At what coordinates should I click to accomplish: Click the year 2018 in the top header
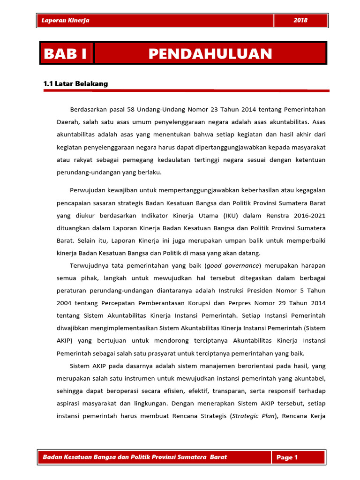300,21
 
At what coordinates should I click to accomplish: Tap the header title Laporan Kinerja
66,21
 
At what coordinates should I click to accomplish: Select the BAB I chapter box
66,53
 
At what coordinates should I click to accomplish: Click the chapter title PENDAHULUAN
210,53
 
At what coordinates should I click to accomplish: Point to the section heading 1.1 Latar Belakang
75,84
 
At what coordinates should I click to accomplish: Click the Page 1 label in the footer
287,457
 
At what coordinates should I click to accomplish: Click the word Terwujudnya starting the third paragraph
89,265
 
